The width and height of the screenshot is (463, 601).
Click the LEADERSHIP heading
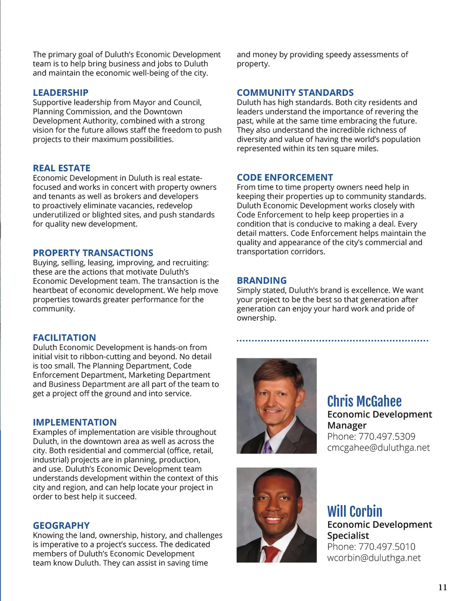[x=61, y=93]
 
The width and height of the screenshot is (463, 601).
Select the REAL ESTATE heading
[x=61, y=168]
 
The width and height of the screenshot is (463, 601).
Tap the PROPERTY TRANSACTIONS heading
[x=93, y=253]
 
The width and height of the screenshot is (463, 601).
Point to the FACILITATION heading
[x=64, y=338]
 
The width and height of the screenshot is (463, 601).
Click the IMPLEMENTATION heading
[x=75, y=423]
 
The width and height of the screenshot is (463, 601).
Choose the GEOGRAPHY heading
[x=61, y=526]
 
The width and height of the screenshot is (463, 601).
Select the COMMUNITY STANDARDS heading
[x=295, y=93]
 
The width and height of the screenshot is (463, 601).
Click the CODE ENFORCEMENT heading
[x=285, y=178]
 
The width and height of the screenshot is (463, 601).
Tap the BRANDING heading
[x=262, y=281]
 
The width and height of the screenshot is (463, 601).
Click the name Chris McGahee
[x=364, y=401]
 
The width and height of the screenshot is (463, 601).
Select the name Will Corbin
[x=355, y=512]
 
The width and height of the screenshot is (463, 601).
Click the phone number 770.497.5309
[x=387, y=437]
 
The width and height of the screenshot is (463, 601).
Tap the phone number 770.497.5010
[x=387, y=547]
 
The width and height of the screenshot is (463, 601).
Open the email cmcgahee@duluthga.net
[x=378, y=448]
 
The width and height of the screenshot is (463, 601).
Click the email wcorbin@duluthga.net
[x=374, y=558]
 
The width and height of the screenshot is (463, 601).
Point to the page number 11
[x=443, y=587]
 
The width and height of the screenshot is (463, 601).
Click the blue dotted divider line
[x=332, y=341]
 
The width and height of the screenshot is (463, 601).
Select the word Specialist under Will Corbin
[x=348, y=536]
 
